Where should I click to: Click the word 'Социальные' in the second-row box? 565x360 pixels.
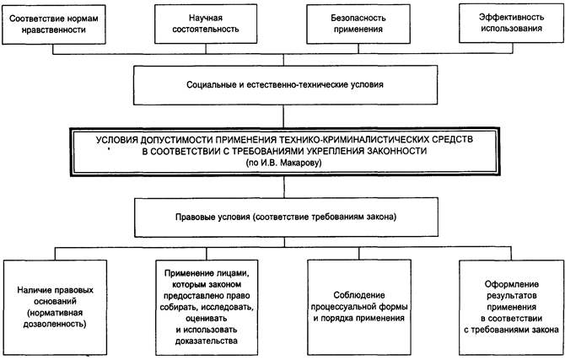point(213,86)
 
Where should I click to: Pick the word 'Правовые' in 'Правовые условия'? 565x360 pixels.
point(186,218)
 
